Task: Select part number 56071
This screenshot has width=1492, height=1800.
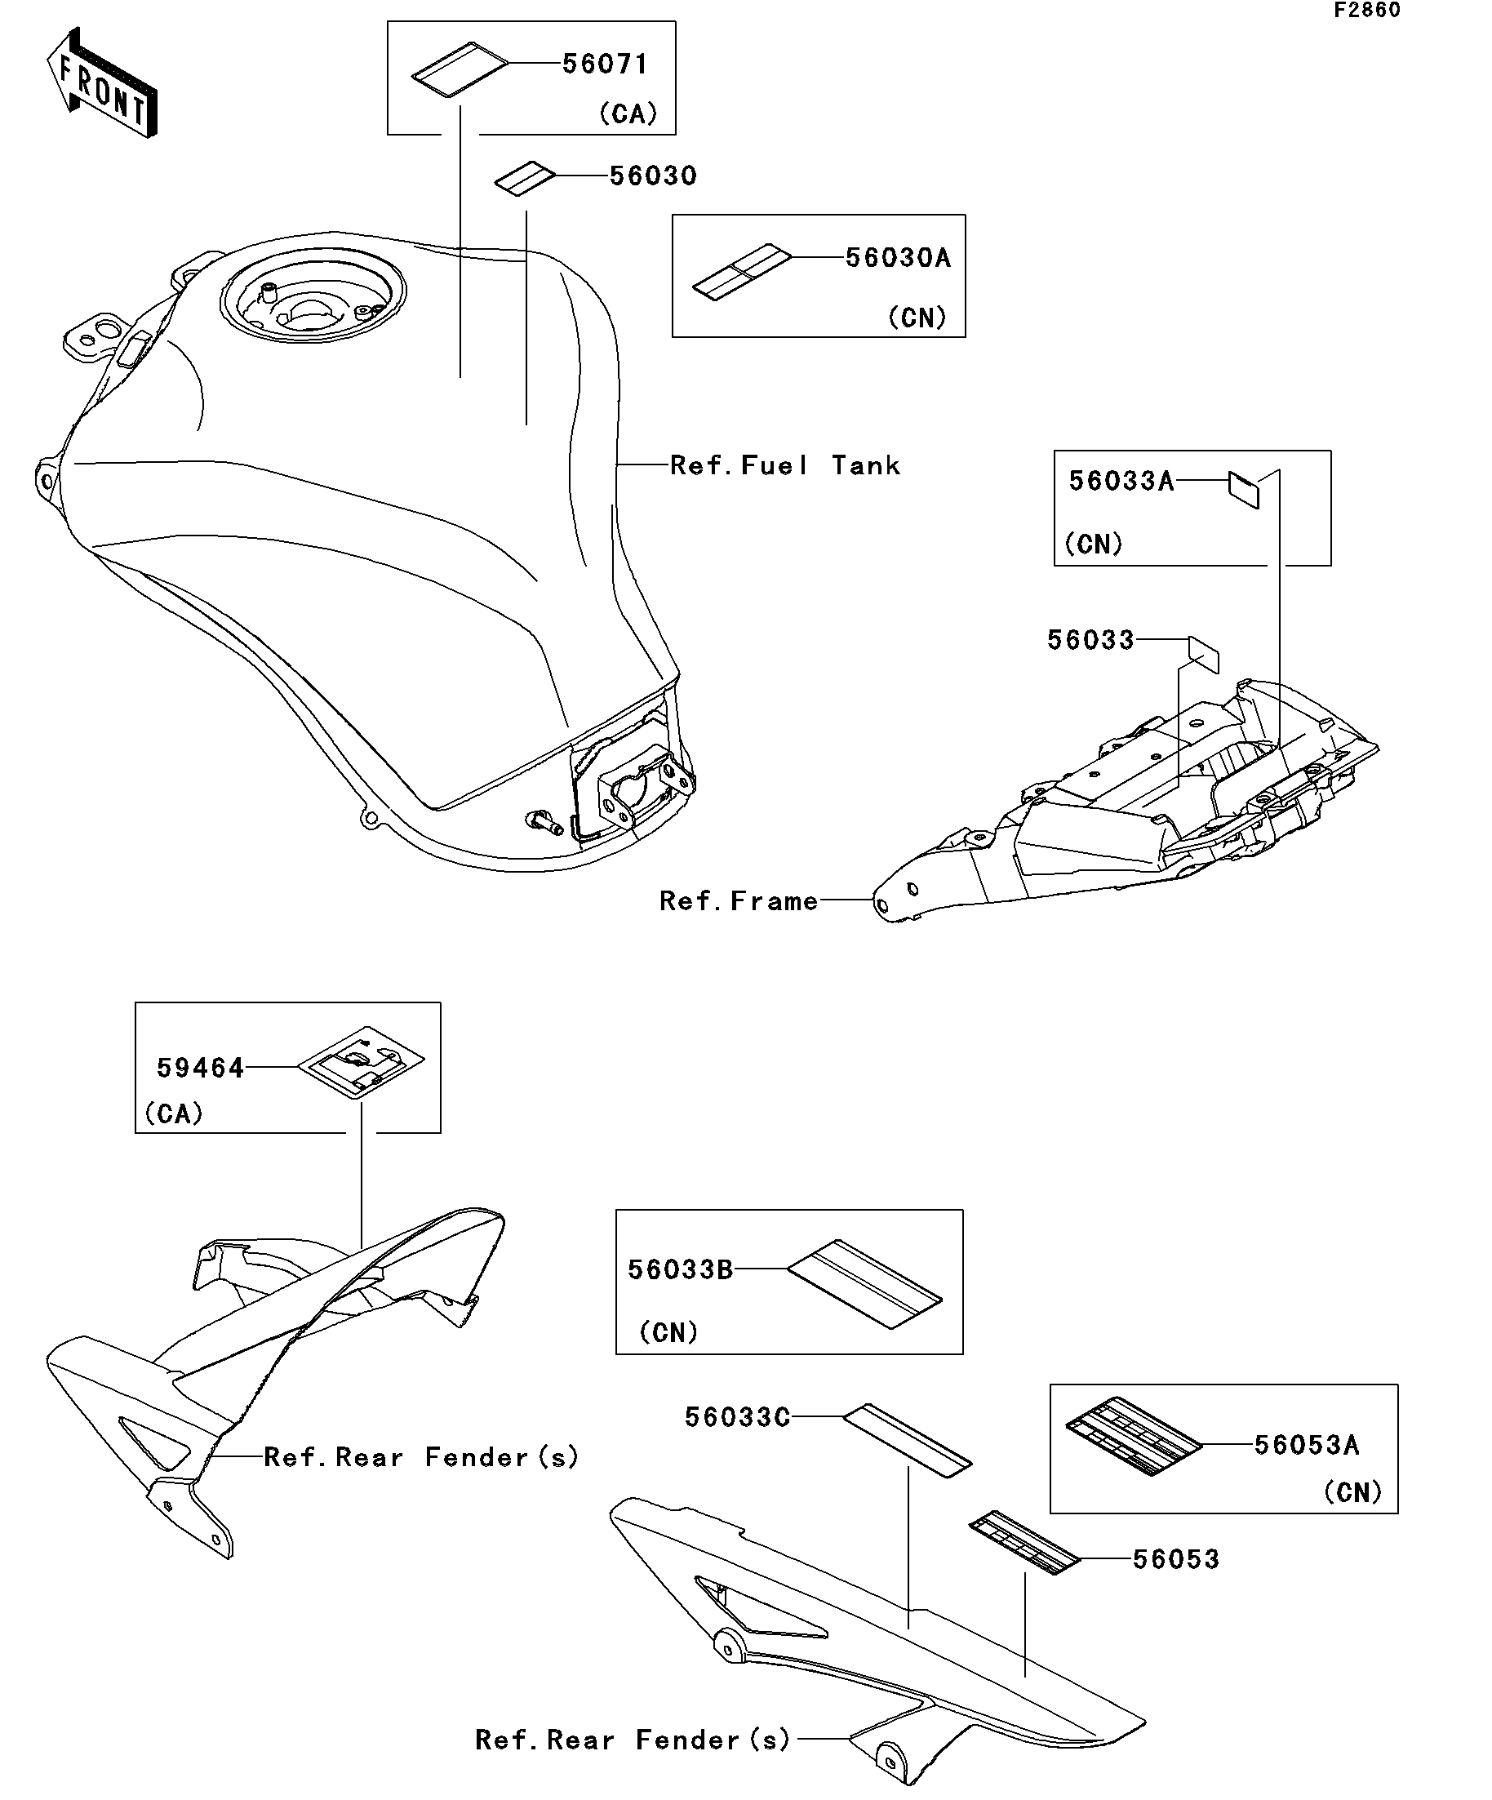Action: pyautogui.click(x=604, y=64)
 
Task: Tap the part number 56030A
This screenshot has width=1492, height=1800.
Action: pyautogui.click(x=897, y=258)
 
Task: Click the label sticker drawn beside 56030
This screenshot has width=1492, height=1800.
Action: pyautogui.click(x=525, y=178)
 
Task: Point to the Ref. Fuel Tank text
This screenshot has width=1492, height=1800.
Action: pyautogui.click(x=784, y=466)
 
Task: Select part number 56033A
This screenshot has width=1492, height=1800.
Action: pyautogui.click(x=1120, y=482)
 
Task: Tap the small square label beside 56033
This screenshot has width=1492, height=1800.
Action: pyautogui.click(x=1203, y=655)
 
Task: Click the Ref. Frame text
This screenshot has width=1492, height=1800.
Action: pyautogui.click(x=738, y=902)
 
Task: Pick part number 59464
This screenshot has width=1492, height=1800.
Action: pyautogui.click(x=200, y=1068)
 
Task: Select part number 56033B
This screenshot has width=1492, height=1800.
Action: pyautogui.click(x=680, y=1270)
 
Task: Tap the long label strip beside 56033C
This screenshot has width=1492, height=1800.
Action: pyautogui.click(x=908, y=1440)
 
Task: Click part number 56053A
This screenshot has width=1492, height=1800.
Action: pyautogui.click(x=1306, y=1445)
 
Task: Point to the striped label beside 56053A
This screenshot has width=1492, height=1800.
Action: pyautogui.click(x=1134, y=1437)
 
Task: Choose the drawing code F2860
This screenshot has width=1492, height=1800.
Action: pyautogui.click(x=1366, y=11)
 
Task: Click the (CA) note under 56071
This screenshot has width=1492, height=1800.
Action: pyautogui.click(x=628, y=114)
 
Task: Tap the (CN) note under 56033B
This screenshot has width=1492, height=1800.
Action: pyautogui.click(x=668, y=1333)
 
